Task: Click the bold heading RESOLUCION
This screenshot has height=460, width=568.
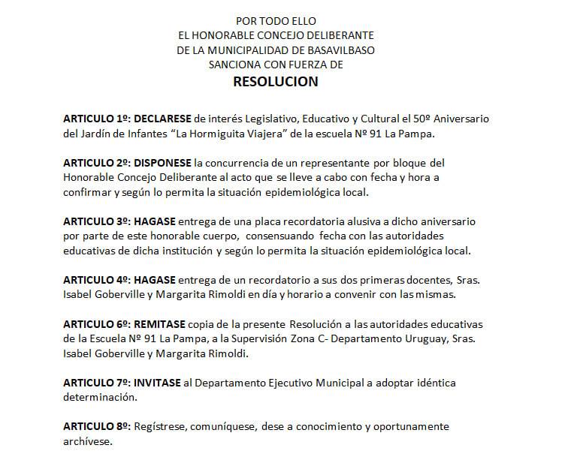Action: [x=275, y=82]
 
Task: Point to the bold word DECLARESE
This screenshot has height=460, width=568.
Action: [x=162, y=119]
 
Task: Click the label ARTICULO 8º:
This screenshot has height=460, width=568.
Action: [x=96, y=426]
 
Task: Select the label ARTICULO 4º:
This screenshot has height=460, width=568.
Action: [x=96, y=280]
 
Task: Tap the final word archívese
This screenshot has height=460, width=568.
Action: [x=86, y=441]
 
